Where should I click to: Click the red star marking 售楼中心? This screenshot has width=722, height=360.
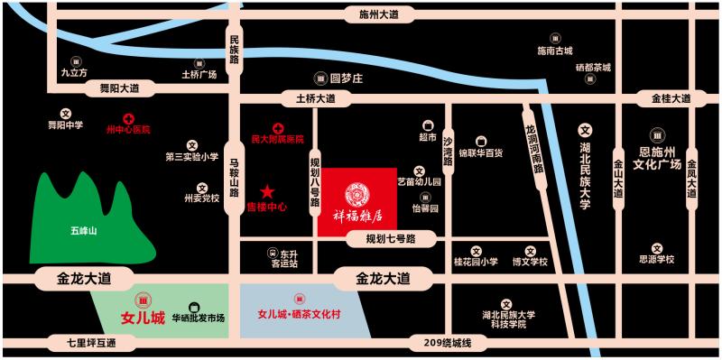coord(267,191)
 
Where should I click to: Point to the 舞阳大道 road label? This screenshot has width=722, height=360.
coord(118,88)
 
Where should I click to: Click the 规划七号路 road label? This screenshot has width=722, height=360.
coord(384,239)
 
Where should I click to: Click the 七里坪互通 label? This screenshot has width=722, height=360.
coord(91,343)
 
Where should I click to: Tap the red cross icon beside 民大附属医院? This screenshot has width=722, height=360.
coord(279,128)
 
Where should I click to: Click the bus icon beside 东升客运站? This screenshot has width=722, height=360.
coord(272,255)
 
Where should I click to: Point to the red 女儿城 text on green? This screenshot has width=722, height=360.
coord(143,318)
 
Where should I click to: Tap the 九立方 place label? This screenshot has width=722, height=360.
coord(74,71)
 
